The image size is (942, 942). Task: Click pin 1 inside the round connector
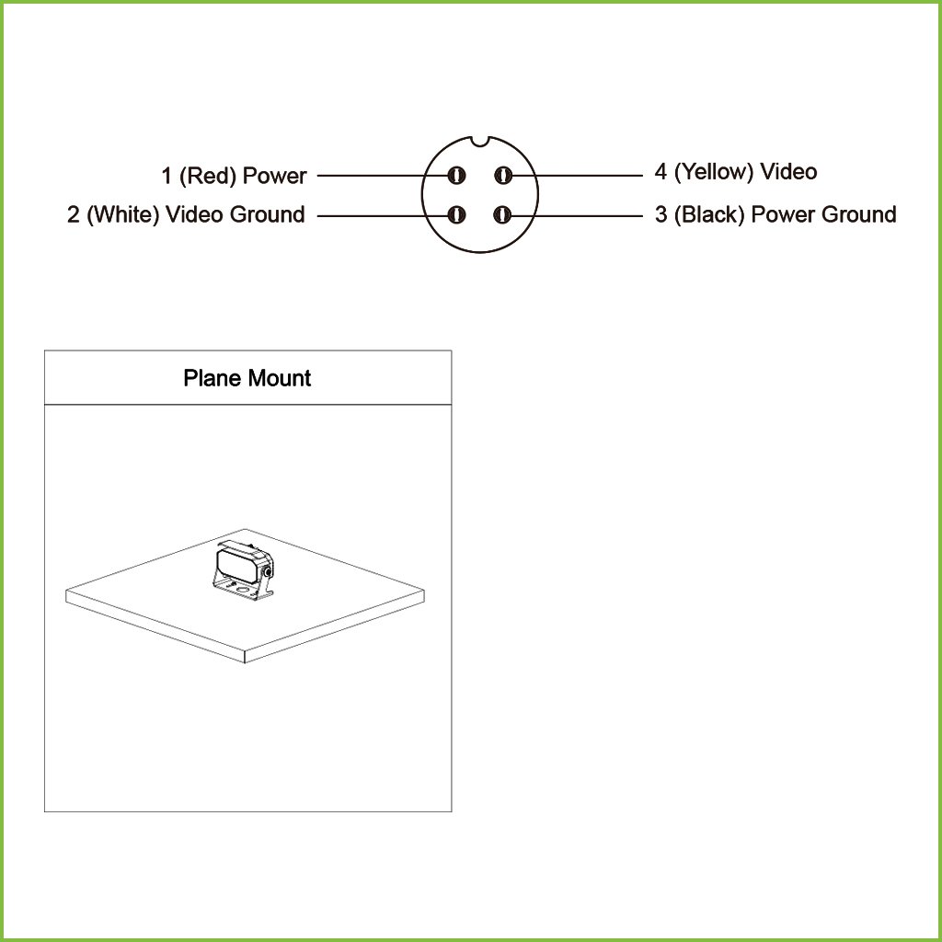(x=456, y=176)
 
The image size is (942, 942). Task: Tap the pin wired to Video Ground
(x=456, y=214)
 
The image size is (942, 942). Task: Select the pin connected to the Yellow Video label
(x=502, y=176)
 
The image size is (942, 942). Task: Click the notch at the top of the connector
(x=480, y=141)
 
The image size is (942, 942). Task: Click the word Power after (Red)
(x=274, y=176)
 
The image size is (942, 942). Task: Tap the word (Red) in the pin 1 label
(x=207, y=176)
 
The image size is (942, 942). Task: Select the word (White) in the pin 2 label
(x=122, y=214)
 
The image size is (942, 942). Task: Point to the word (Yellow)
(x=713, y=172)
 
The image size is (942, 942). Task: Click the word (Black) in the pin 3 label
(x=709, y=214)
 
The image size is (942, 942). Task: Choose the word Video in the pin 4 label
(x=788, y=172)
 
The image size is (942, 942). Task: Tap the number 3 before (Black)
(x=661, y=214)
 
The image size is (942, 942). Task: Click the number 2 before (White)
(x=74, y=214)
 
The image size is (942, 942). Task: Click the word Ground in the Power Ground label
(x=859, y=214)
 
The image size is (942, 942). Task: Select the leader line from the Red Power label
(x=384, y=176)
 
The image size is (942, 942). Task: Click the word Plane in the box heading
(x=213, y=378)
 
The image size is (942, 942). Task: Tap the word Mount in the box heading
(x=280, y=378)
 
